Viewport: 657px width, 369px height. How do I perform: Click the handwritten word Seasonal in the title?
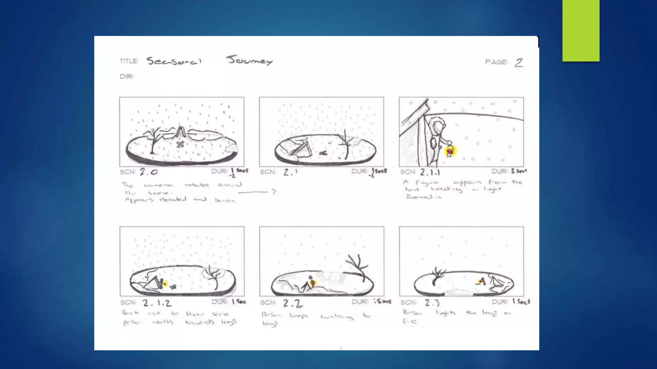click(x=174, y=61)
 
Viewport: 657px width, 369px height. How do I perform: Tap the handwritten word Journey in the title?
click(x=249, y=60)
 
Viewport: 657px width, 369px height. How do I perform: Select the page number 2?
click(x=519, y=62)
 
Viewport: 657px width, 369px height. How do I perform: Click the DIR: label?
click(x=127, y=77)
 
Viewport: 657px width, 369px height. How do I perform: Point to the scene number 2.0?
click(x=149, y=172)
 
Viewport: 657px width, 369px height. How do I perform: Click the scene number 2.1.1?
click(x=430, y=172)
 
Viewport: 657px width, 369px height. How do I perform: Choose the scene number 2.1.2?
click(x=157, y=303)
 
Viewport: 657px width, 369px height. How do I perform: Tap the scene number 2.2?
click(x=293, y=303)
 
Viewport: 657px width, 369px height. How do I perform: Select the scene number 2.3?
click(x=432, y=302)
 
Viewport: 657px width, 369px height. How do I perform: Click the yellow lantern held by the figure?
click(x=450, y=151)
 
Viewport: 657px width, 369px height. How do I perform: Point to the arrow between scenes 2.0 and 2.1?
click(x=257, y=192)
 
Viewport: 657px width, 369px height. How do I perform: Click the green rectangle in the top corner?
click(x=581, y=30)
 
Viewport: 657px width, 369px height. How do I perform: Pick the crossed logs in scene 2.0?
click(x=180, y=144)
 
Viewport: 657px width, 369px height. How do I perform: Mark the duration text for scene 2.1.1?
click(x=518, y=171)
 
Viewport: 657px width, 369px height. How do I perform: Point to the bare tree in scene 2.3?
click(x=437, y=276)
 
